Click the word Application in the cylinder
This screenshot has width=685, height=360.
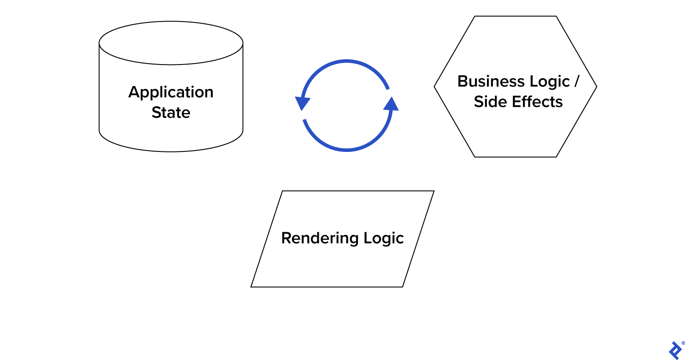[171, 92]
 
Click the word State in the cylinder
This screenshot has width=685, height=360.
[171, 113]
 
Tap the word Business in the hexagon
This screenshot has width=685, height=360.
[490, 82]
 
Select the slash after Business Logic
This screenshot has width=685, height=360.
[577, 82]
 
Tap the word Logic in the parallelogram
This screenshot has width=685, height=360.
[383, 238]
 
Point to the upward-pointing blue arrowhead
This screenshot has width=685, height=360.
[391, 104]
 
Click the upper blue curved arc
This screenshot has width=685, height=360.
[346, 61]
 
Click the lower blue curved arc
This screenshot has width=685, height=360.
[346, 150]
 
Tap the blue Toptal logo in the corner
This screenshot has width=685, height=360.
[675, 350]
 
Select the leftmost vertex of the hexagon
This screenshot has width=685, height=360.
[434, 86]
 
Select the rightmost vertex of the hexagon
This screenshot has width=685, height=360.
[597, 86]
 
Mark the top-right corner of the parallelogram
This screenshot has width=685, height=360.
[434, 191]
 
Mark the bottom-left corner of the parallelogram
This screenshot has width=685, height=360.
[251, 287]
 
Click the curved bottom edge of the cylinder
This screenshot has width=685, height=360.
[171, 151]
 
